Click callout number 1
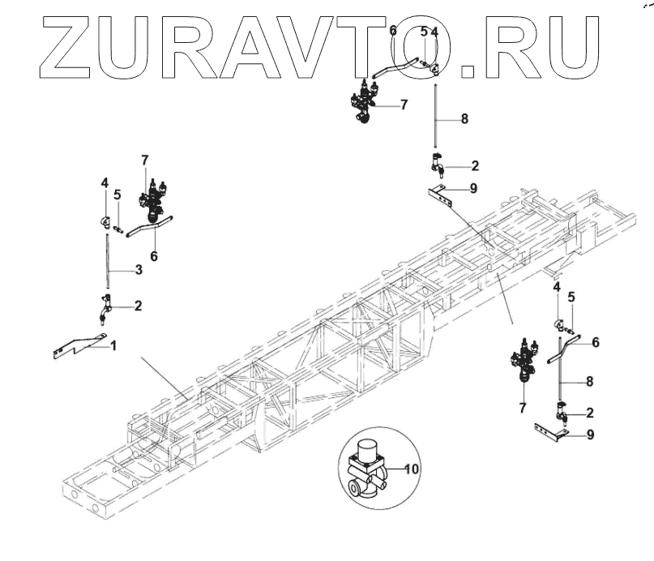[113, 345]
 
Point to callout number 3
[139, 269]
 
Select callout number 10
[411, 469]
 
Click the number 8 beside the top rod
[464, 118]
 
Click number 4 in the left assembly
[105, 184]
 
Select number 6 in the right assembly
[596, 343]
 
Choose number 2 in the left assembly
[138, 306]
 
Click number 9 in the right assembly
[590, 435]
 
